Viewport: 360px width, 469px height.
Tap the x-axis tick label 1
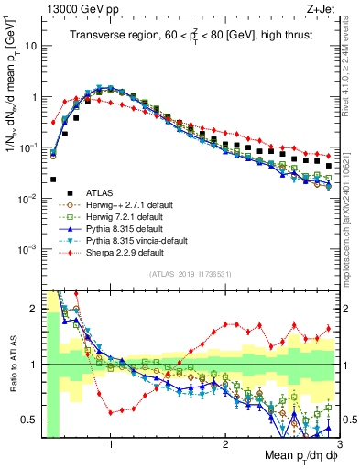coord(111,442)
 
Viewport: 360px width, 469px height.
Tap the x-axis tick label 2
coord(225,442)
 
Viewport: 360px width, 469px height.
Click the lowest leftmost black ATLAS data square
coord(53,180)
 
